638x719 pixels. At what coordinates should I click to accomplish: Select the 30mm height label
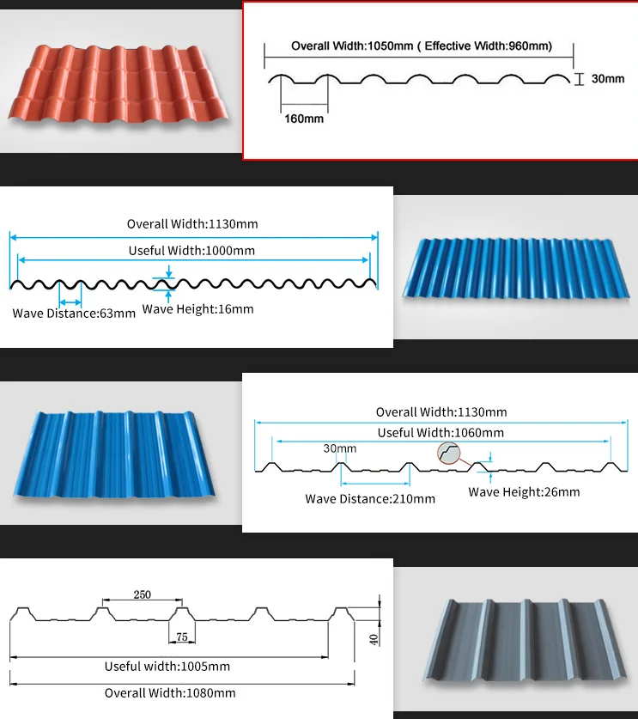point(608,79)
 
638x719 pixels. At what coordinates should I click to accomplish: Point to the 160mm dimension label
point(304,119)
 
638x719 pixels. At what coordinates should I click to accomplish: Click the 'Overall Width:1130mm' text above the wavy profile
point(192,224)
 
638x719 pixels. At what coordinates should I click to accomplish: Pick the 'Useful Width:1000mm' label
point(191,251)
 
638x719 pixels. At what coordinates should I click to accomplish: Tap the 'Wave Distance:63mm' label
point(74,313)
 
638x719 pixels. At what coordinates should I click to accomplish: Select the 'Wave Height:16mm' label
point(197,308)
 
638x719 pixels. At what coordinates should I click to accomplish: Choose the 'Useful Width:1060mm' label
point(441,433)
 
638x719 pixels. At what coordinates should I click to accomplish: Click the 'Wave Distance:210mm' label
point(370,498)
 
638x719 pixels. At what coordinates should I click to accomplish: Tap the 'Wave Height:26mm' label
point(524,492)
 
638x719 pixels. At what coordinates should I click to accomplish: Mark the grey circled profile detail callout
point(449,453)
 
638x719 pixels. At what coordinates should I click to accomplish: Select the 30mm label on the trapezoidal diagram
point(340,448)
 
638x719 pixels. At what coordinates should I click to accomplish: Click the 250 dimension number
point(143,594)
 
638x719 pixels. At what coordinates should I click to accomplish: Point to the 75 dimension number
point(181,637)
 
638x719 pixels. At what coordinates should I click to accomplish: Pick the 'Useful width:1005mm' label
point(167,667)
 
